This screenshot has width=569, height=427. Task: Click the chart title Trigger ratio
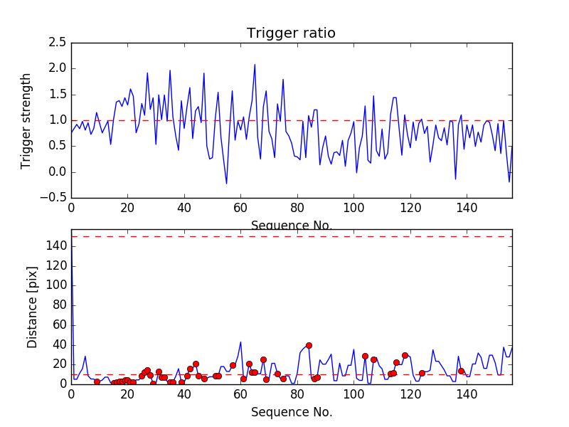[x=291, y=33]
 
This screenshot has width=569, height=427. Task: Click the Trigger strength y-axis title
[x=26, y=120]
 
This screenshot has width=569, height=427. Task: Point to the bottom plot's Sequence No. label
[x=292, y=412]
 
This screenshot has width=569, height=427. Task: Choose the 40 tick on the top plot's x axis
[x=184, y=209]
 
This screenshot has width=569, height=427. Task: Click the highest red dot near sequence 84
[x=309, y=345]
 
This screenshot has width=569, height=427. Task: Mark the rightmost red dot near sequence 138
[x=461, y=371]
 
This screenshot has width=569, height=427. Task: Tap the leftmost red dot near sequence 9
[x=97, y=381]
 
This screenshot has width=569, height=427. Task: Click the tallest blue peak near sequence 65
[x=255, y=65]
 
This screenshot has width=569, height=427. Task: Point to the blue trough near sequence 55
[x=227, y=184]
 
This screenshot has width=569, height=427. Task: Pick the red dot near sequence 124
[x=422, y=373]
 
